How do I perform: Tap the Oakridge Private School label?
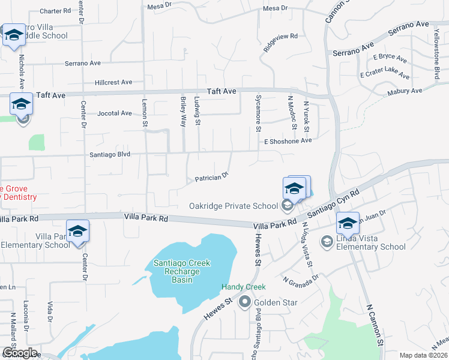(233, 206)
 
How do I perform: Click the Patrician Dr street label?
(211, 178)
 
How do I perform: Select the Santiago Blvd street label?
(110, 154)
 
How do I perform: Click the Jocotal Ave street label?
(114, 113)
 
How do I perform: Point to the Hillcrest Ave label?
(113, 82)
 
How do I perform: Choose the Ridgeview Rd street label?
(280, 38)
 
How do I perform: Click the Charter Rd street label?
(55, 11)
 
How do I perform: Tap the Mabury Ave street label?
(405, 92)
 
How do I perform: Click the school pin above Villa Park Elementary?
(77, 232)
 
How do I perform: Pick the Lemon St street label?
(144, 112)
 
